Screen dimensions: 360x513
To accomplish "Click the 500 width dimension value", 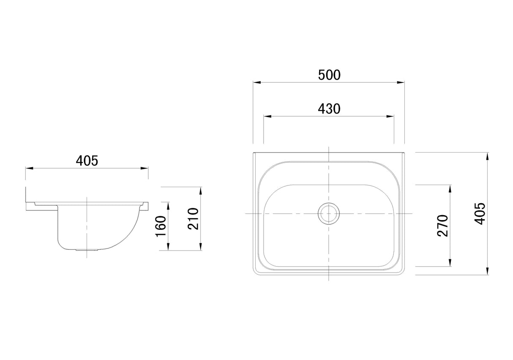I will tap(329, 75).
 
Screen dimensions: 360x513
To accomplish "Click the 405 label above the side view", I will tap(87, 161).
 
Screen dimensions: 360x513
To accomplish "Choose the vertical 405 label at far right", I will tap(481, 213).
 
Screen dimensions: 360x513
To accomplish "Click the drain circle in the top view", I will tap(328, 213).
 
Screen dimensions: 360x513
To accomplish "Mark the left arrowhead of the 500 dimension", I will tap(256, 82).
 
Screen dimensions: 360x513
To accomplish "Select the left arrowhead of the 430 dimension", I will tap(267, 116).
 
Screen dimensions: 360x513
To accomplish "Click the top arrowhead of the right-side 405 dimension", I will tap(488, 155).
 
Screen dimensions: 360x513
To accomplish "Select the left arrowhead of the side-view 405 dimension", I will tap(29, 168).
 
